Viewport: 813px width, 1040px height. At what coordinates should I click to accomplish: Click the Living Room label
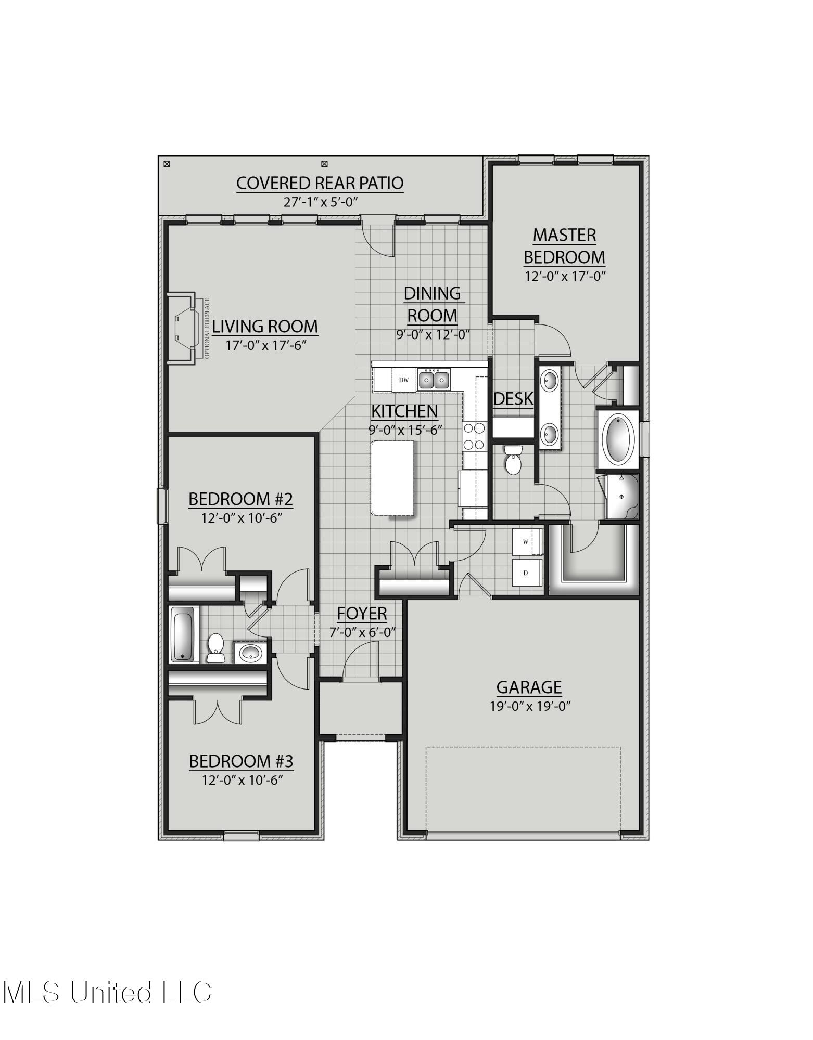[264, 327]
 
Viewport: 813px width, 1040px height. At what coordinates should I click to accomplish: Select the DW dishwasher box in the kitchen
[404, 380]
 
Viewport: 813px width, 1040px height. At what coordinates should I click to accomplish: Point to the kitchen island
[392, 477]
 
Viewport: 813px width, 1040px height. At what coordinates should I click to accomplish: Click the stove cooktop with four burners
[474, 436]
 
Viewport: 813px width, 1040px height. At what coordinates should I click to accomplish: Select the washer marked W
[526, 542]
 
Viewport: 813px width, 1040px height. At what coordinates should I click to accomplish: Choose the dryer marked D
[526, 573]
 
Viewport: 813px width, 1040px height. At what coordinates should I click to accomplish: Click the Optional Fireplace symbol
[185, 329]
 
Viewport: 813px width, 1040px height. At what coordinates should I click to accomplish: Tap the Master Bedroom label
[564, 246]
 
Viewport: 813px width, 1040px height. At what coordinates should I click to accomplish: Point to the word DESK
[513, 399]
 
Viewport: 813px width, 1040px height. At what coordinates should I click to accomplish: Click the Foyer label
[362, 614]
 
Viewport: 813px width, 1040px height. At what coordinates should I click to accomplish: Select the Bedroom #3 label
[241, 761]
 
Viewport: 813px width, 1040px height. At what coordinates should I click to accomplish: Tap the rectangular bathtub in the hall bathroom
[183, 635]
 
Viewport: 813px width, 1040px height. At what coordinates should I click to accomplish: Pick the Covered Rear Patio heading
[320, 184]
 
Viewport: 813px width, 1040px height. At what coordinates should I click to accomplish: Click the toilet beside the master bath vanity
[513, 460]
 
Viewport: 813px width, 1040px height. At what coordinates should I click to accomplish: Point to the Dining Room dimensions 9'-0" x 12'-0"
[433, 334]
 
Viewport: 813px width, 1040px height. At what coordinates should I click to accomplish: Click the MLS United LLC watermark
[107, 992]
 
